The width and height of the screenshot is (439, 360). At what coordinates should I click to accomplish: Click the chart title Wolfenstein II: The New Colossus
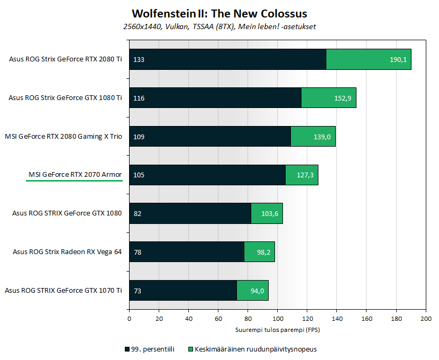point(219,13)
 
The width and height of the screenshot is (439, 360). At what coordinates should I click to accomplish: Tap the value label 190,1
point(398,60)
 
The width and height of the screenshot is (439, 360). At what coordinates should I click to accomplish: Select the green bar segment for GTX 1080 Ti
point(328,98)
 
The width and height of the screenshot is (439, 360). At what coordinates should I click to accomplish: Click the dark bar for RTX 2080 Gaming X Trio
point(212,137)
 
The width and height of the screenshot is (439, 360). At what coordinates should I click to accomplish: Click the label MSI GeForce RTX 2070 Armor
point(75,175)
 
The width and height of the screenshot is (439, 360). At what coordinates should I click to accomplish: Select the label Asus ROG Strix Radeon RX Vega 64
point(67,251)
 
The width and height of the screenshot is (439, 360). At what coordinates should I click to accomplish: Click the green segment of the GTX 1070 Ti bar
point(252,290)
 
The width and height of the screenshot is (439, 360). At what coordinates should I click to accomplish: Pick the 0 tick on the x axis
point(129,318)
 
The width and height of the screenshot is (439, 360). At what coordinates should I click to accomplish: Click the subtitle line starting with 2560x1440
point(219,26)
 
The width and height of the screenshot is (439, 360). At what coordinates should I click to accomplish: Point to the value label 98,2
point(263,252)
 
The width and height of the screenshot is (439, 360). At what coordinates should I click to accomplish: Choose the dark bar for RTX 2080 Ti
point(227,59)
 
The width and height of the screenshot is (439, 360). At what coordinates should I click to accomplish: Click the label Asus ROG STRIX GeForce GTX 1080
point(67,213)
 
